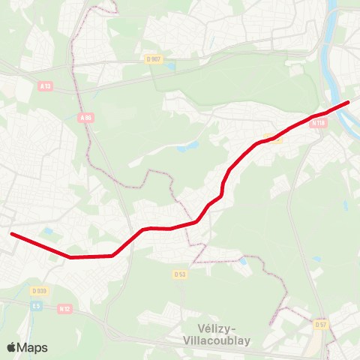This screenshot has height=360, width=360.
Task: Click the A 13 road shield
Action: click(44, 85)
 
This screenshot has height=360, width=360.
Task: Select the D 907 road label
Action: click(153, 58)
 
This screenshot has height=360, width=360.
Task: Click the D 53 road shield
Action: click(179, 274)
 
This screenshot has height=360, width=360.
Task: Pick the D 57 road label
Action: click(320, 324)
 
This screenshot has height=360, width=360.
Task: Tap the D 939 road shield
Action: click(39, 290)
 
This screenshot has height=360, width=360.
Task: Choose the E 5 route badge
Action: click(35, 305)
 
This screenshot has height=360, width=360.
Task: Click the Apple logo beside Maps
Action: click(11, 347)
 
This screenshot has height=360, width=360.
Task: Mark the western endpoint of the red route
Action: click(12, 234)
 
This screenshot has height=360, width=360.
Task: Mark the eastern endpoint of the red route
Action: click(348, 102)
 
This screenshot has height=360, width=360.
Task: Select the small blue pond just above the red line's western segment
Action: click(49, 232)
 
